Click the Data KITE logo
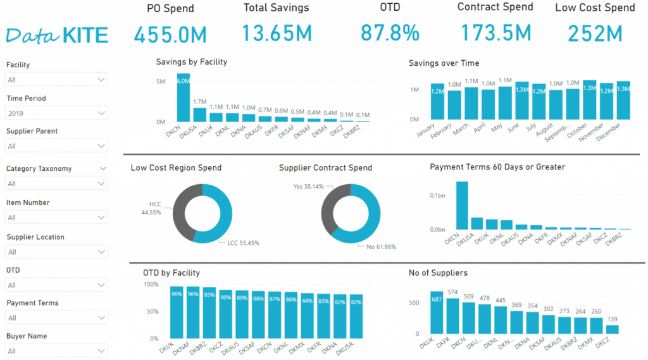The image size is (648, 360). click(x=57, y=35)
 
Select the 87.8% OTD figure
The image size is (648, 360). click(x=390, y=32)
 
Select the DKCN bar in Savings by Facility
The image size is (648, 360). click(x=183, y=98)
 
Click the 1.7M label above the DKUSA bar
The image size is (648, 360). click(x=200, y=101)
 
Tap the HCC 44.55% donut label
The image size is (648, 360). click(x=154, y=208)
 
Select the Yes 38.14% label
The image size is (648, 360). click(x=309, y=187)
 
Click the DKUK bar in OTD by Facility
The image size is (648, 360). click(x=177, y=313)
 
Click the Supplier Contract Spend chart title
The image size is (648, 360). click(x=325, y=168)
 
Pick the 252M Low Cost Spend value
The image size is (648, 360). click(x=595, y=33)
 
